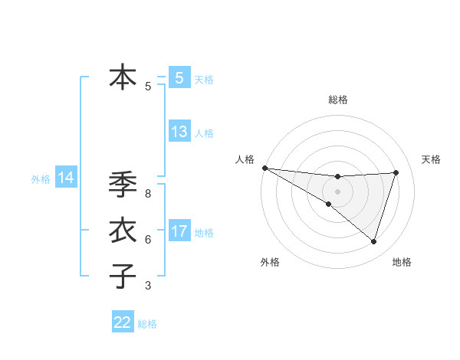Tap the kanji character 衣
point(123,231)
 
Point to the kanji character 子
point(123,276)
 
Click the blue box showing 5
point(179,77)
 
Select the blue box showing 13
point(179,132)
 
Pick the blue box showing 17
point(179,231)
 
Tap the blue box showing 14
point(65,178)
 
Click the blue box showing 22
point(123,322)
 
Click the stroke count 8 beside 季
point(148,194)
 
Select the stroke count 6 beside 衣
point(148,240)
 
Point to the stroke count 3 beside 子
point(148,286)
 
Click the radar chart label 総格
point(338,100)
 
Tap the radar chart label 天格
point(431,159)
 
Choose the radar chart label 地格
point(402,263)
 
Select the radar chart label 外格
point(270,263)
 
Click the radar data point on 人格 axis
point(264,167)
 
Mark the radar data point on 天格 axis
point(396,172)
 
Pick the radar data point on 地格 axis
point(374,241)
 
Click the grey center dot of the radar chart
point(337,191)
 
